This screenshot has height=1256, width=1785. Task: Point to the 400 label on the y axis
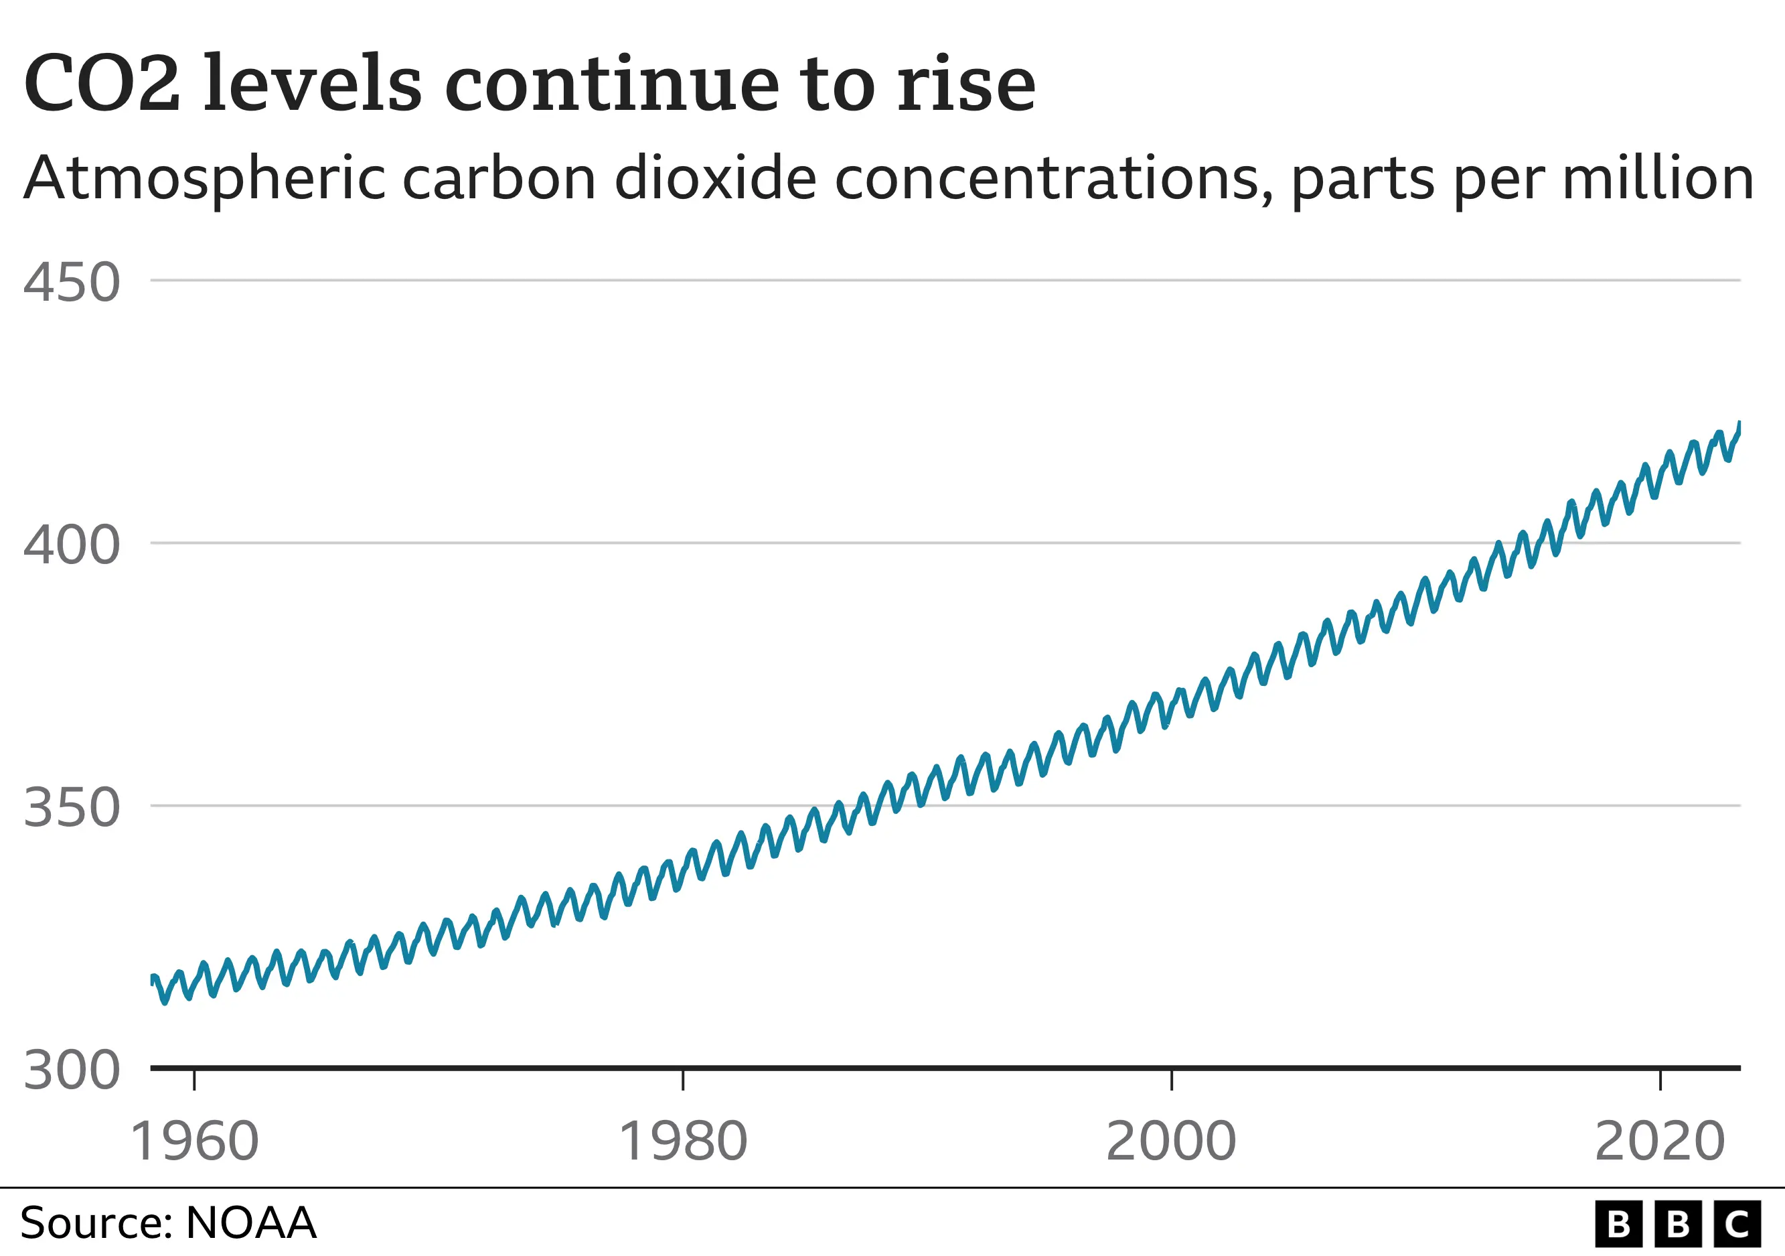(x=72, y=545)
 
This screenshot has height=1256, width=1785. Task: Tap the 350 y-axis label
(x=72, y=808)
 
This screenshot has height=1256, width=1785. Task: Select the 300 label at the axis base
(x=72, y=1071)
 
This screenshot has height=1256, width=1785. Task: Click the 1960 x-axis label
(x=194, y=1141)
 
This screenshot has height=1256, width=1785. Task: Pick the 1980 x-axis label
(x=682, y=1141)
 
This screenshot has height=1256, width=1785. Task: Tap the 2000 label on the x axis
(x=1171, y=1141)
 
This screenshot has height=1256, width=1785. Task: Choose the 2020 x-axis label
(x=1660, y=1141)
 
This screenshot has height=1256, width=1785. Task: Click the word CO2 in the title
(x=102, y=83)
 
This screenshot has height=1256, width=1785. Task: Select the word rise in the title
(x=966, y=83)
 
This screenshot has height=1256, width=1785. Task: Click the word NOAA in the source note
(x=250, y=1223)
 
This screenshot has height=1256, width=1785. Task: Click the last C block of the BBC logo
(x=1737, y=1224)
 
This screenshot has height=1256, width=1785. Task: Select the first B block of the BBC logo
(x=1619, y=1224)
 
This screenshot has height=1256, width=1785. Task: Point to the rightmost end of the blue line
(x=1739, y=424)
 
